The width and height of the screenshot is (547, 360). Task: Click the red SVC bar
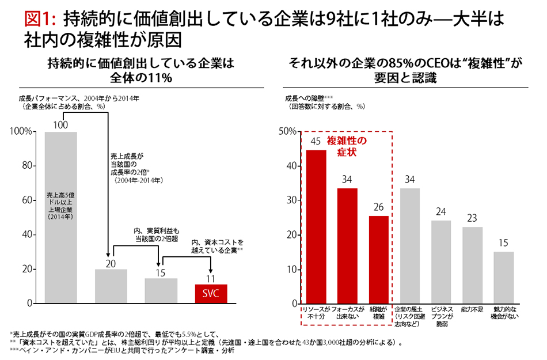[x=211, y=294]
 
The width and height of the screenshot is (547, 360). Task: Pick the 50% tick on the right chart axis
[x=287, y=132]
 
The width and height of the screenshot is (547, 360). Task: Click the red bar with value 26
[x=379, y=260]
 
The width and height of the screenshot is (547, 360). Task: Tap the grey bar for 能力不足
[x=472, y=265]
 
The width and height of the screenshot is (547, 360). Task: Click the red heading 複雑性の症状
[x=347, y=146]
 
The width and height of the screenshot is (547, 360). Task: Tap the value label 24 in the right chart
[x=441, y=211]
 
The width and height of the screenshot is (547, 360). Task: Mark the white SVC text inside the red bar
[x=211, y=294]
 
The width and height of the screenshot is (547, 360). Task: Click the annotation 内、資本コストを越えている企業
[x=217, y=246]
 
